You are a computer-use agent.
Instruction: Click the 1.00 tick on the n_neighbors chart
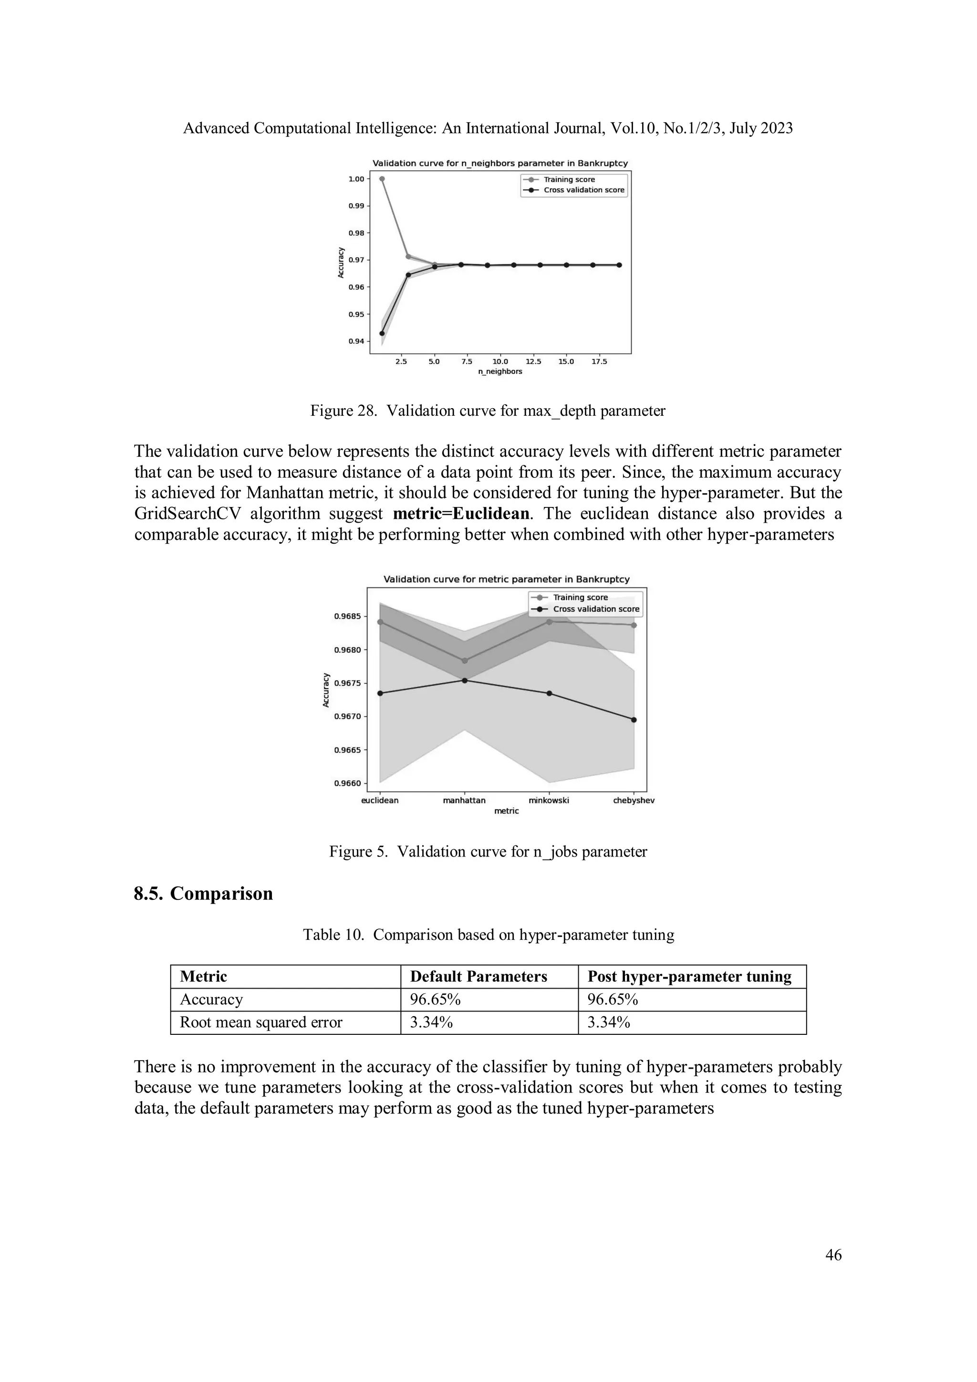pos(356,179)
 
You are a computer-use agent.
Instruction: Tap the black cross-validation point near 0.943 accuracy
pos(382,333)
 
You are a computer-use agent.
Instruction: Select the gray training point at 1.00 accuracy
pos(382,179)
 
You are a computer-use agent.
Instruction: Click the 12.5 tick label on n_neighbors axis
pos(533,362)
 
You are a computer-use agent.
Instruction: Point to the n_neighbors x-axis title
pos(499,372)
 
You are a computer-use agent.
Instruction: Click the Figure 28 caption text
pos(488,411)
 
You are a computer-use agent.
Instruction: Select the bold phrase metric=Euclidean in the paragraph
pos(462,514)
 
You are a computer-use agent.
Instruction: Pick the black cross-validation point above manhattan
pos(464,680)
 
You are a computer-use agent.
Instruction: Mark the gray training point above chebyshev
pos(633,625)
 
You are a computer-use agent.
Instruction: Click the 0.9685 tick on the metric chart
pos(347,616)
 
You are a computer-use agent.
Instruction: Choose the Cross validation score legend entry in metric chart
pos(596,609)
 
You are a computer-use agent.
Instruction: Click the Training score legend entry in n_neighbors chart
pos(569,179)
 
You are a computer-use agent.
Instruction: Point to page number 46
pos(833,1256)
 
